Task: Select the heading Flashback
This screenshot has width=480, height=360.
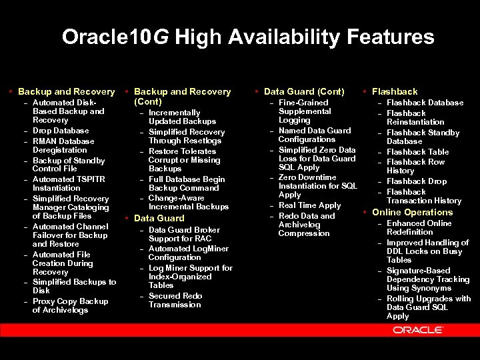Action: pos(395,91)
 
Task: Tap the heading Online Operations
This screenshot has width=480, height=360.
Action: pos(412,212)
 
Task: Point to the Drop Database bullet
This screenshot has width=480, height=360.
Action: pos(61,131)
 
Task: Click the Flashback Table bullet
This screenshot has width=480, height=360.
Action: pos(418,152)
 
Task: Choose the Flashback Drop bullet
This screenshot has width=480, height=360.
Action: pos(417,181)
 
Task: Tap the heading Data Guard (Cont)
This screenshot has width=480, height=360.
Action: pos(304,91)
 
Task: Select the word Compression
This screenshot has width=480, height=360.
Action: pos(304,233)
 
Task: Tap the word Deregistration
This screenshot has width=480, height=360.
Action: pos(60,150)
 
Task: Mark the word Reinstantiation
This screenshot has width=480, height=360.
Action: pos(415,122)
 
